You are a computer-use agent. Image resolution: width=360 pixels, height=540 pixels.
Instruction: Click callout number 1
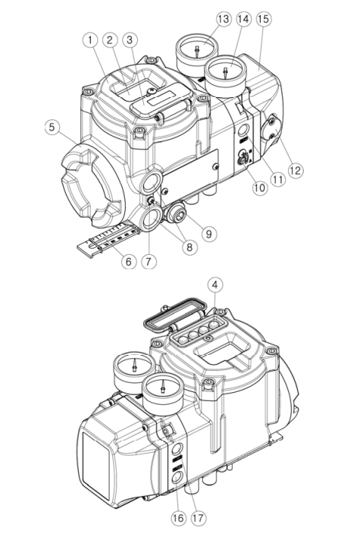coord(89,38)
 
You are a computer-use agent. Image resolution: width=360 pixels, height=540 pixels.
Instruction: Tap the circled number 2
coord(110,38)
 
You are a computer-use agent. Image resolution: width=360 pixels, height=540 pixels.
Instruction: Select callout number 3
coord(130,38)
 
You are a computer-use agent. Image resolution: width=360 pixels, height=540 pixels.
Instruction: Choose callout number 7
coord(149,262)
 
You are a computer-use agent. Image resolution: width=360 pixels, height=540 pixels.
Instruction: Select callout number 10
coord(260,188)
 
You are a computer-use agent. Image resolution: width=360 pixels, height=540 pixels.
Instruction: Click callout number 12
coord(296,171)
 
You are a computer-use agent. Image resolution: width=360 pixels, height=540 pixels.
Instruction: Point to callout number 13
coord(222,18)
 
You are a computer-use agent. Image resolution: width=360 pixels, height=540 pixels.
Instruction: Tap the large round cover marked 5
coord(88,186)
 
